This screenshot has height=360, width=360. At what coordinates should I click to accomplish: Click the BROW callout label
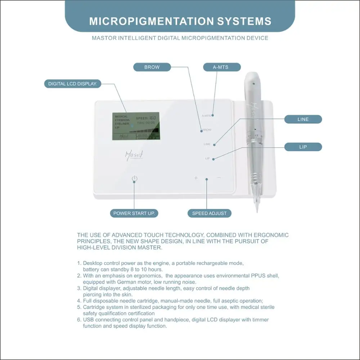tap(152, 67)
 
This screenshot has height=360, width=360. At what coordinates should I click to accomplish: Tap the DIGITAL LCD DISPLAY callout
tap(73, 84)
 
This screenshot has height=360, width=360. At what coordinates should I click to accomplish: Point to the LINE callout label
tap(303, 119)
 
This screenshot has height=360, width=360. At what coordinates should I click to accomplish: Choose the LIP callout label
tap(303, 147)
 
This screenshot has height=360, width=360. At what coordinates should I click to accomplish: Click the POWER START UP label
tap(134, 213)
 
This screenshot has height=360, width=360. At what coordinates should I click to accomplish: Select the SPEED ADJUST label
tap(209, 213)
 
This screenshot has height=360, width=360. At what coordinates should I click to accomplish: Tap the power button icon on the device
tap(134, 179)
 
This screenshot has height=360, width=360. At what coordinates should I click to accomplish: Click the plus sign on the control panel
tap(196, 178)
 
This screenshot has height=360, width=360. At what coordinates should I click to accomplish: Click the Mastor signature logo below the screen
tap(134, 155)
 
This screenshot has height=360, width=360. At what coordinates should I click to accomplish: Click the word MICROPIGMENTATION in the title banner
tap(151, 21)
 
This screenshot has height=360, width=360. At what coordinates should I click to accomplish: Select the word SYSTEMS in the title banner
tap(244, 21)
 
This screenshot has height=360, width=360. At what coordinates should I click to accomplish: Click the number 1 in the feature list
tap(79, 264)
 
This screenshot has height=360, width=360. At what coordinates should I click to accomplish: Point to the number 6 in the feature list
tap(79, 320)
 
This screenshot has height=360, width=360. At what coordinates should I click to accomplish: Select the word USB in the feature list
tap(89, 320)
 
